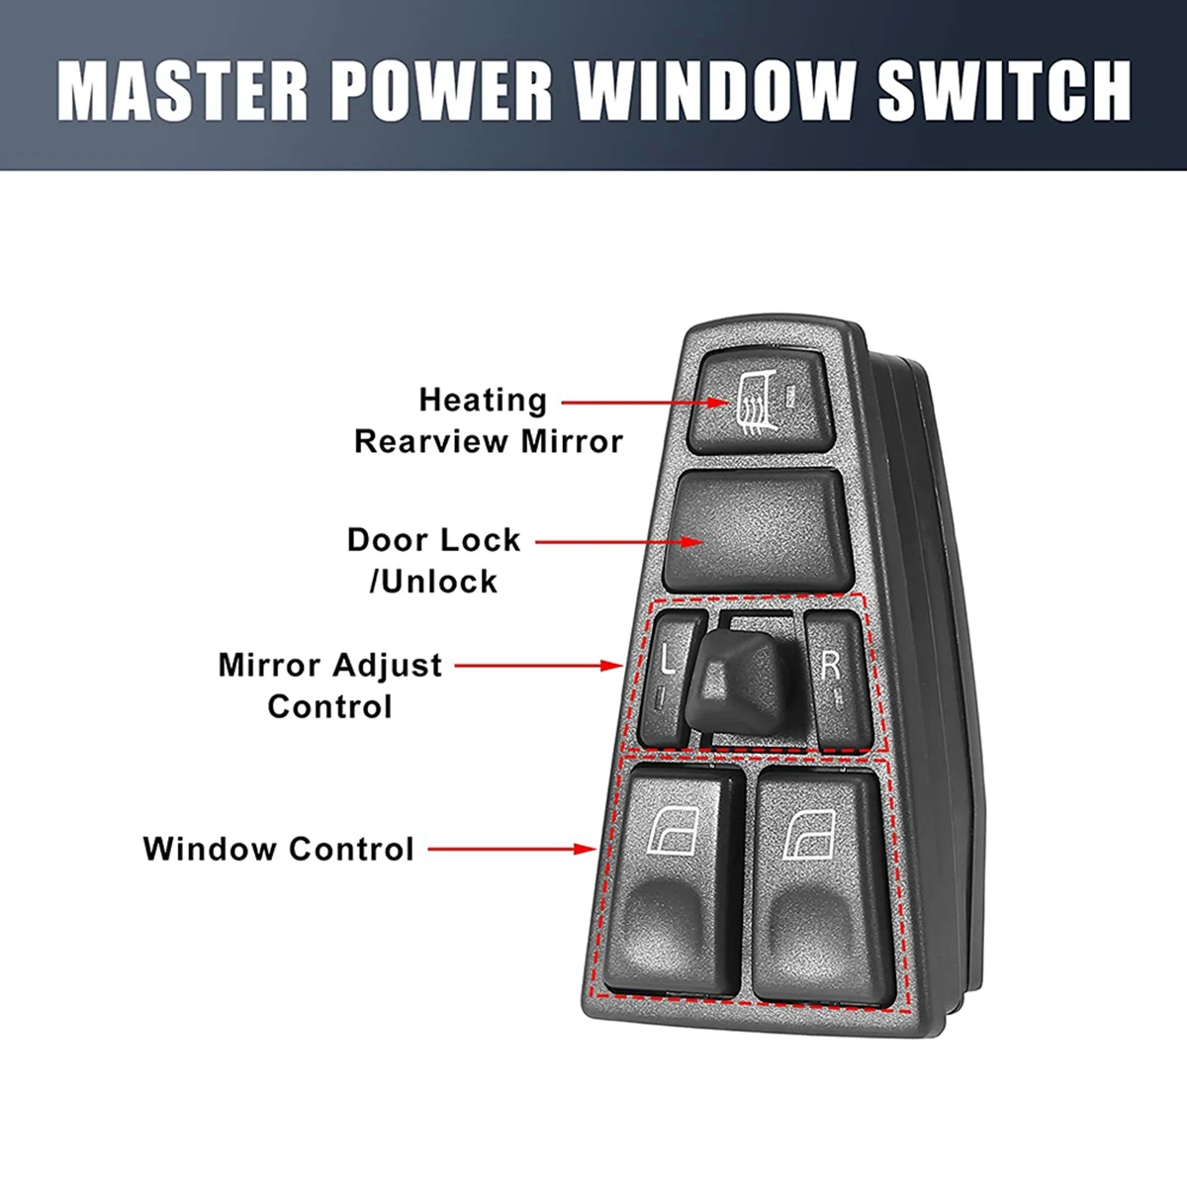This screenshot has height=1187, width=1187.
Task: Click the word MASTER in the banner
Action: coord(183,90)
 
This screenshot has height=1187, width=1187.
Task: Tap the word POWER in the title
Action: coord(441,90)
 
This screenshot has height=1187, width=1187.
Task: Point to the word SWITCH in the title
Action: coord(1004,90)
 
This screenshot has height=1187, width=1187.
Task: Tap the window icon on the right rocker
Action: coord(811,833)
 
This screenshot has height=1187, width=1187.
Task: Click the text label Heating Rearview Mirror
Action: coord(488,420)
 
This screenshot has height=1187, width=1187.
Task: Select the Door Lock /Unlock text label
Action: coord(434,560)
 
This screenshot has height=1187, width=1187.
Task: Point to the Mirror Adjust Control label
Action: coord(330,685)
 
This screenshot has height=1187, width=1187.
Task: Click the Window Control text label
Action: coord(278,849)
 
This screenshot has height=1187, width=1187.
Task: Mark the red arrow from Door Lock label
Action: coord(619,542)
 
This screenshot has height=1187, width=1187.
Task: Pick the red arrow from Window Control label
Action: coord(512,849)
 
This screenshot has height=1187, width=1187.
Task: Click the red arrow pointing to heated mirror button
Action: coord(649,403)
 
